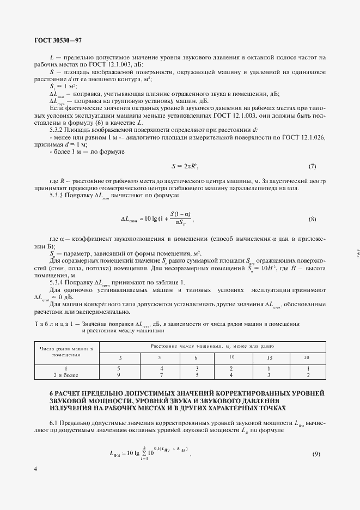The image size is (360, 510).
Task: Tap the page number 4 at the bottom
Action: click(x=35, y=468)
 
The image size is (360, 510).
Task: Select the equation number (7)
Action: click(x=312, y=166)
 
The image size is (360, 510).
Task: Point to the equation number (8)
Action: click(x=312, y=219)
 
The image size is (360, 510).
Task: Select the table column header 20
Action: click(x=306, y=357)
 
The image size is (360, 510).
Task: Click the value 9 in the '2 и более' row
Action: click(x=119, y=375)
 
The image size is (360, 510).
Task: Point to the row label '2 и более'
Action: click(x=66, y=375)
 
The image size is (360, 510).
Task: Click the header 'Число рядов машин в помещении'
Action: click(x=66, y=350)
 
